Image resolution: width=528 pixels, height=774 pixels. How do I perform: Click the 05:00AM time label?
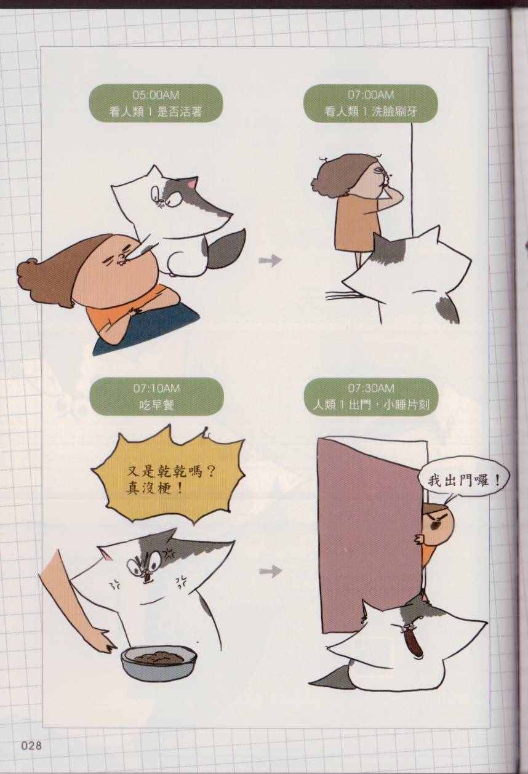click(x=156, y=94)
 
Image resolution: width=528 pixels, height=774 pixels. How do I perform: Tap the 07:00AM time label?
click(x=371, y=94)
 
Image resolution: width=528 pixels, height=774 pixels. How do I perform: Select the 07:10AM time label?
click(x=156, y=388)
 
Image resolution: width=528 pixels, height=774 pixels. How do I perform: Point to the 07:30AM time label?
click(x=371, y=388)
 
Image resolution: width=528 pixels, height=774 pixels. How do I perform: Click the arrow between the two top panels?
click(x=270, y=260)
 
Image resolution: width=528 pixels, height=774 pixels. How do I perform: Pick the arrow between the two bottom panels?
click(x=271, y=572)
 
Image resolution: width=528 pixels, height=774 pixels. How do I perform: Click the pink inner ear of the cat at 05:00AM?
click(x=191, y=184)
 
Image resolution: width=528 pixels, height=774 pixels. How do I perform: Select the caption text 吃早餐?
click(x=156, y=405)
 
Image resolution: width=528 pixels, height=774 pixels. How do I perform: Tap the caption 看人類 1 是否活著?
click(x=156, y=111)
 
